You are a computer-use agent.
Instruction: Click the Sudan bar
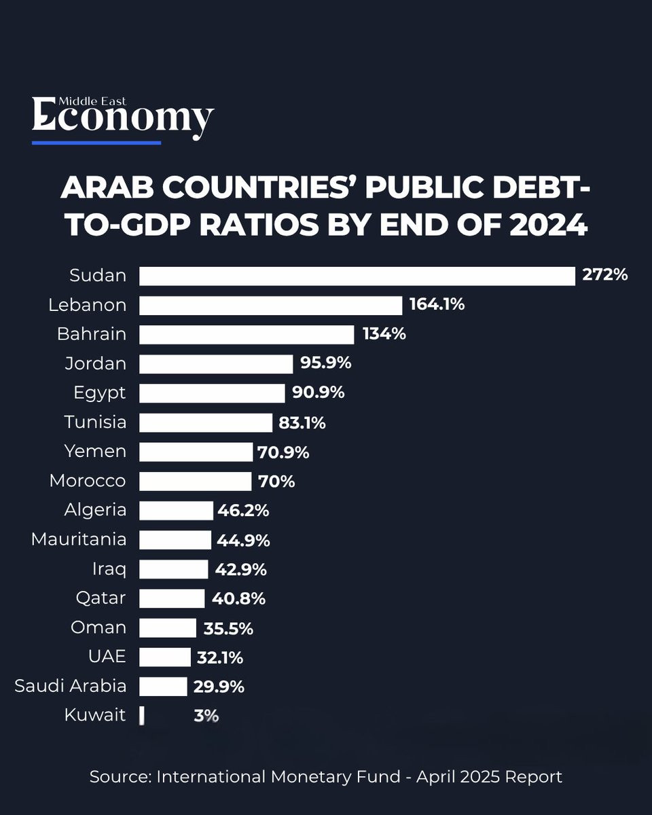pyautogui.click(x=357, y=276)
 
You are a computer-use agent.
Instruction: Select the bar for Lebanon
pyautogui.click(x=270, y=306)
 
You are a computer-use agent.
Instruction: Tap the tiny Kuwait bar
pyautogui.click(x=142, y=715)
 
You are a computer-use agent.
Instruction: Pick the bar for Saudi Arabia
pyautogui.click(x=163, y=686)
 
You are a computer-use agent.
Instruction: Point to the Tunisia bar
pyautogui.click(x=206, y=422)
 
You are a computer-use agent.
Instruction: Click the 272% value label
pyautogui.click(x=605, y=275)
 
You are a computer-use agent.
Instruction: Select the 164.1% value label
pyautogui.click(x=437, y=304)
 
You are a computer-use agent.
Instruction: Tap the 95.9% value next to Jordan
pyautogui.click(x=326, y=363)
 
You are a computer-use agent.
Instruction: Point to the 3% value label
pyautogui.click(x=206, y=716)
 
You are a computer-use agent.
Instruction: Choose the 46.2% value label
pyautogui.click(x=243, y=511)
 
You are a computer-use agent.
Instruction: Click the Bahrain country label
pyautogui.click(x=92, y=334)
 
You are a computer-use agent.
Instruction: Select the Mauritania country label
pyautogui.click(x=79, y=539)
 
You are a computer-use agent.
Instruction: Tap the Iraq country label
pyautogui.click(x=109, y=569)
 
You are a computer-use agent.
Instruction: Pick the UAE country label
pyautogui.click(x=107, y=656)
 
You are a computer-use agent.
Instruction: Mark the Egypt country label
pyautogui.click(x=100, y=393)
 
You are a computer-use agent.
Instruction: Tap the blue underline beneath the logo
pyautogui.click(x=96, y=143)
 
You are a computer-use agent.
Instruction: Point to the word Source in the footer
pyautogui.click(x=120, y=777)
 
